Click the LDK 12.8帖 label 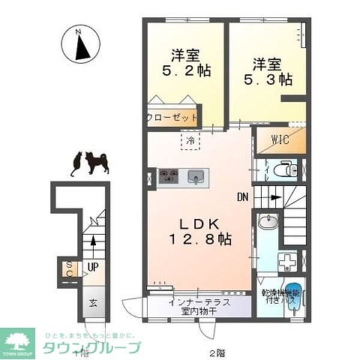pyautogui.click(x=198, y=231)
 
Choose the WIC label pyautogui.click(x=280, y=140)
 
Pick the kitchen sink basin pyautogui.click(x=194, y=176)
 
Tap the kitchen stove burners pyautogui.click(x=169, y=176)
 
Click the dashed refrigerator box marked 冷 pyautogui.click(x=190, y=142)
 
